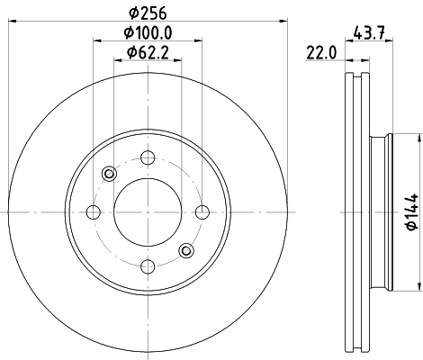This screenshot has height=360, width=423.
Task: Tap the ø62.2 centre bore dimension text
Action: click(x=147, y=53)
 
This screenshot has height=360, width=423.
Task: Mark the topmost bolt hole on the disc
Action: click(x=147, y=159)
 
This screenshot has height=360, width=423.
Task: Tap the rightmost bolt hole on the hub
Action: click(x=201, y=212)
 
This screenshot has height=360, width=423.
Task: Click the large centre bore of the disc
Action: click(x=147, y=212)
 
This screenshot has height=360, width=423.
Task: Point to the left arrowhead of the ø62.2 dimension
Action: click(x=117, y=61)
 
